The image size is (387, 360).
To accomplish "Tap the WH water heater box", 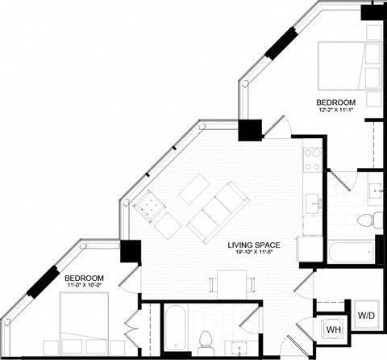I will (332, 330).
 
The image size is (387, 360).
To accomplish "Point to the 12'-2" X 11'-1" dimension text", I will (335, 111).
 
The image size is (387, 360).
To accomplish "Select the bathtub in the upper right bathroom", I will (352, 249).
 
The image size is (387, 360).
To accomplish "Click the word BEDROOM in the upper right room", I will (335, 102).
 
